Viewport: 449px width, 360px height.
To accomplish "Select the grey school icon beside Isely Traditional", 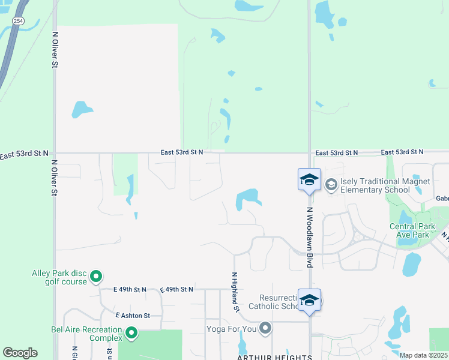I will click(331, 185).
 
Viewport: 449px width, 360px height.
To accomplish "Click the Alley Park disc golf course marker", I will click(96, 277).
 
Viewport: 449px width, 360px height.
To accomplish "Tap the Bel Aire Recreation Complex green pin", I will click(131, 332).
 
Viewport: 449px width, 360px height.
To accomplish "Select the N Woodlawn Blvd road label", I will click(310, 238).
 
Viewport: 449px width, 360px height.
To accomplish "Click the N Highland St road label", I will click(236, 291).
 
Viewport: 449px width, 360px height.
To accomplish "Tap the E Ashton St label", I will click(132, 315).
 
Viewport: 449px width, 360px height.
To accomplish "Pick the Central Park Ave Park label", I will click(410, 230).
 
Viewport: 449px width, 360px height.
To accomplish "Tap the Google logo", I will click(20, 353).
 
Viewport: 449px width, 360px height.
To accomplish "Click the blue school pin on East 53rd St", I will click(309, 179).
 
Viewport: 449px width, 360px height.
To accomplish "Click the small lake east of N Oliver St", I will click(81, 109).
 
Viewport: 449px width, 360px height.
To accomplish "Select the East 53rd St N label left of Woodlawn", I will click(182, 152).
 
